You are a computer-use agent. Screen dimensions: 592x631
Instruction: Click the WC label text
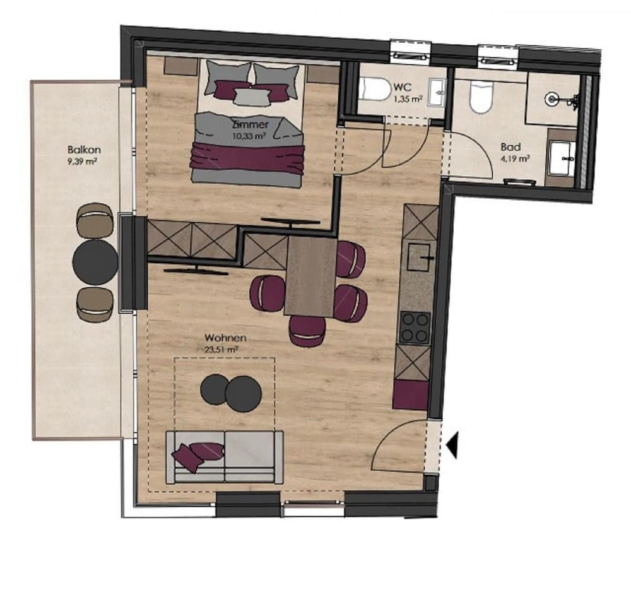[401, 87]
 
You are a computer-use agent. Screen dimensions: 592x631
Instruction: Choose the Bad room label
[510, 147]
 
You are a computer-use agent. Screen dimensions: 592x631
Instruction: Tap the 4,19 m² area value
[515, 158]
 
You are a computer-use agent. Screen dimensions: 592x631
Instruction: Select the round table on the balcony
[95, 261]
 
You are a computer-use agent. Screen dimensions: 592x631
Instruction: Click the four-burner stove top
[415, 327]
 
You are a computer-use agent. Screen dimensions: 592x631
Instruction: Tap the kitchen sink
[422, 256]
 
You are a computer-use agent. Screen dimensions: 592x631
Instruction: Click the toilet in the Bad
[480, 98]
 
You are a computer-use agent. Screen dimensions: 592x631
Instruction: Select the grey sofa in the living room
[224, 457]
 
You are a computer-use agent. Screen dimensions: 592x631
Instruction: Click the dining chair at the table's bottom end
[308, 331]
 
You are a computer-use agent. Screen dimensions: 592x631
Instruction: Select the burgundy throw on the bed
[247, 158]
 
